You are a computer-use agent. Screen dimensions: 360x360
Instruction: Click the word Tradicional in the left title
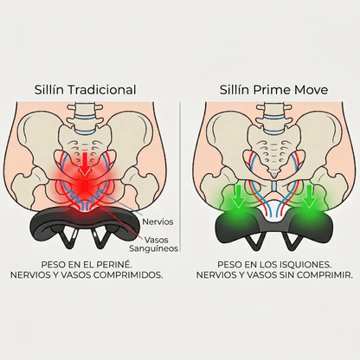coord(102,90)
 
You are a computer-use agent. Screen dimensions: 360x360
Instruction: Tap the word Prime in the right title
coord(267,90)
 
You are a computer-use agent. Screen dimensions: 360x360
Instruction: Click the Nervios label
coord(157,222)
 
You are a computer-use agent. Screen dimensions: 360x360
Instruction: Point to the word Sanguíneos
coord(153,248)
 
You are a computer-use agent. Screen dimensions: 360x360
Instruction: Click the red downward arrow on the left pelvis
coord(85,164)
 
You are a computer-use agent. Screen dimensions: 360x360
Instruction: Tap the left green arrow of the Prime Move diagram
coord(239,196)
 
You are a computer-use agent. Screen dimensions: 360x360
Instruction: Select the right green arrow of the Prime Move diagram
coord(310,196)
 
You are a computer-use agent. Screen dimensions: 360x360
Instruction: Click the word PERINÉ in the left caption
coord(119,264)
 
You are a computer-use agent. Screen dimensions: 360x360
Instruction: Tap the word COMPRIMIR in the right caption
coord(325,275)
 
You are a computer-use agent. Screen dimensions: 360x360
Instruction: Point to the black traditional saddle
coord(83,226)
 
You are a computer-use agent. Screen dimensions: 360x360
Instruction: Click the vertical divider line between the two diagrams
coord(180,177)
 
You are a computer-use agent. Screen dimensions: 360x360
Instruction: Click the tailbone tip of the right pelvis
coord(274,175)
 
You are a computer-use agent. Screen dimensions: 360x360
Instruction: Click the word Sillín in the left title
coord(49,90)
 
